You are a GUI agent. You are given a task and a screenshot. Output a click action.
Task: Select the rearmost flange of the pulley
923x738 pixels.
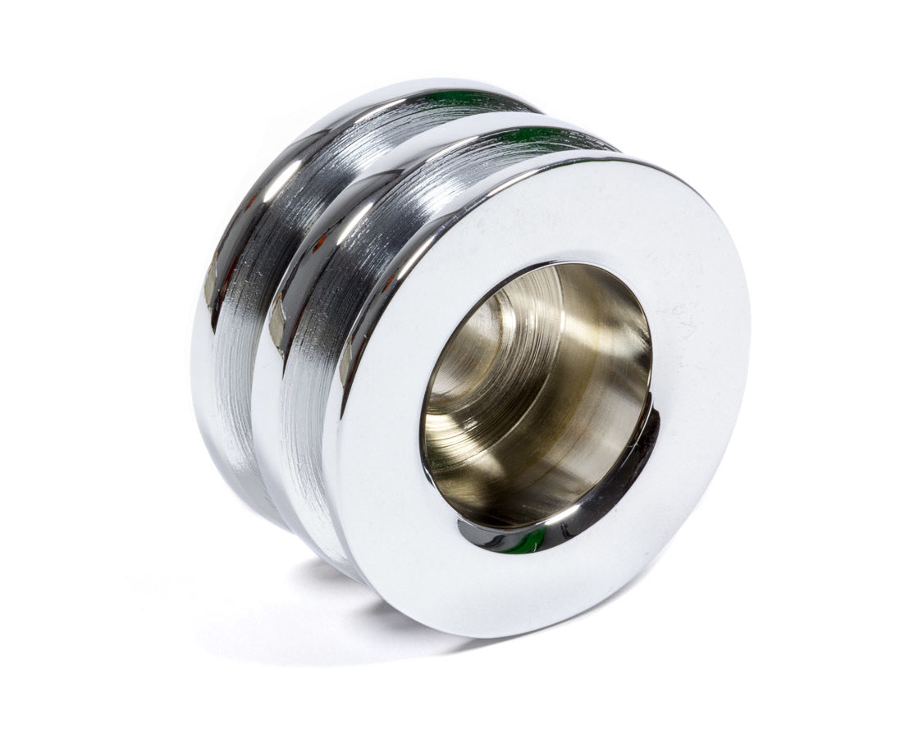click(205, 369)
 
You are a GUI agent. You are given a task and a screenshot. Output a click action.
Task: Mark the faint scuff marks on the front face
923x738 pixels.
click(681, 312)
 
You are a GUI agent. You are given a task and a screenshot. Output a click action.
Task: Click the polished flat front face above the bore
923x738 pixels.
click(533, 213)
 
